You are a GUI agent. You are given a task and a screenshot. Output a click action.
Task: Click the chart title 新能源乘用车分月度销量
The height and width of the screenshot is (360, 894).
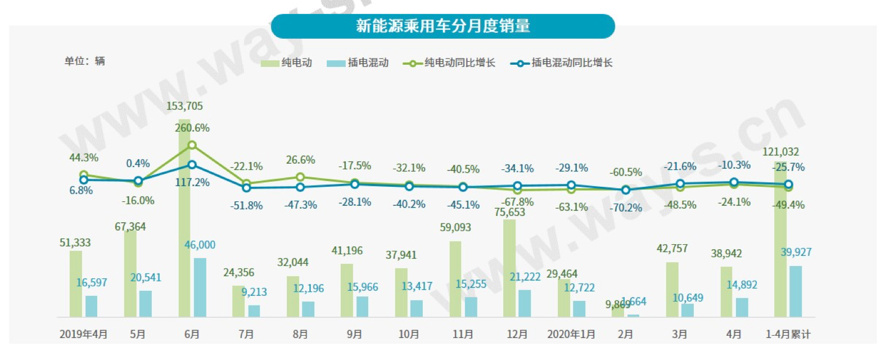pyautogui.click(x=443, y=26)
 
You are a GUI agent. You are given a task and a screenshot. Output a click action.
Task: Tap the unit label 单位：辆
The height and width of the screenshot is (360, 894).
pyautogui.click(x=84, y=61)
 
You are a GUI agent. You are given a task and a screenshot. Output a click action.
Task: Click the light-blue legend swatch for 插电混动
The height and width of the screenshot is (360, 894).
pyautogui.click(x=336, y=63)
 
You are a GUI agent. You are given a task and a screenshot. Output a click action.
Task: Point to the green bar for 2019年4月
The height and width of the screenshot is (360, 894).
pyautogui.click(x=76, y=284)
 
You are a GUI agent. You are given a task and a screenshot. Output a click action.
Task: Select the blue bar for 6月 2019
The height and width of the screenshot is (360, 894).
pyautogui.click(x=200, y=287)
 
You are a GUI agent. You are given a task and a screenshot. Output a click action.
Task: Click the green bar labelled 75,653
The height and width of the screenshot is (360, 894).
pyautogui.click(x=509, y=268)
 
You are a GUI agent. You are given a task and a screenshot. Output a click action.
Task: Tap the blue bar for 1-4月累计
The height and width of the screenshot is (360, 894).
pyautogui.click(x=796, y=291)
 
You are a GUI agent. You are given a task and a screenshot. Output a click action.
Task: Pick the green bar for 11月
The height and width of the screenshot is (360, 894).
pyautogui.click(x=455, y=279)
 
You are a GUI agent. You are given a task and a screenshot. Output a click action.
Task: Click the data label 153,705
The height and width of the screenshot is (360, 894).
pyautogui.click(x=184, y=106)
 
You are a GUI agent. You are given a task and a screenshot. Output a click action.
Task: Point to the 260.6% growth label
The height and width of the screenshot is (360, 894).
pyautogui.click(x=192, y=128)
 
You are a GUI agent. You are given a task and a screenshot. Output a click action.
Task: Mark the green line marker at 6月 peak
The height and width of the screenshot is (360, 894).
pyautogui.click(x=192, y=145)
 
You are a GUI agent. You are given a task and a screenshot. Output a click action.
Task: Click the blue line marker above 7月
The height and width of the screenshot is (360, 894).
pyautogui.click(x=246, y=187)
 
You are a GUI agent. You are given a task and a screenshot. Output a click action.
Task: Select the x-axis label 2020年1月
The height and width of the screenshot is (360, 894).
pyautogui.click(x=571, y=334)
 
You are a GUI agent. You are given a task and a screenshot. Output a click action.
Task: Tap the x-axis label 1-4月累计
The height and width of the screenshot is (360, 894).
pyautogui.click(x=788, y=334)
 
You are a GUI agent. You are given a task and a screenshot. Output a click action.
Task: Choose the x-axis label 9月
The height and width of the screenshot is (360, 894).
pyautogui.click(x=354, y=334)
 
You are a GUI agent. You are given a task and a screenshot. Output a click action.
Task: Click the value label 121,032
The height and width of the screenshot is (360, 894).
pyautogui.click(x=780, y=152)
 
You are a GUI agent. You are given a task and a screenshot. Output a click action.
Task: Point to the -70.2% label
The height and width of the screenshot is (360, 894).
pyautogui.click(x=626, y=208)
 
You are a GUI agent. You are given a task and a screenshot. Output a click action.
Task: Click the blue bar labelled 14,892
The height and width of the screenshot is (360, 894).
pyautogui.click(x=742, y=307)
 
